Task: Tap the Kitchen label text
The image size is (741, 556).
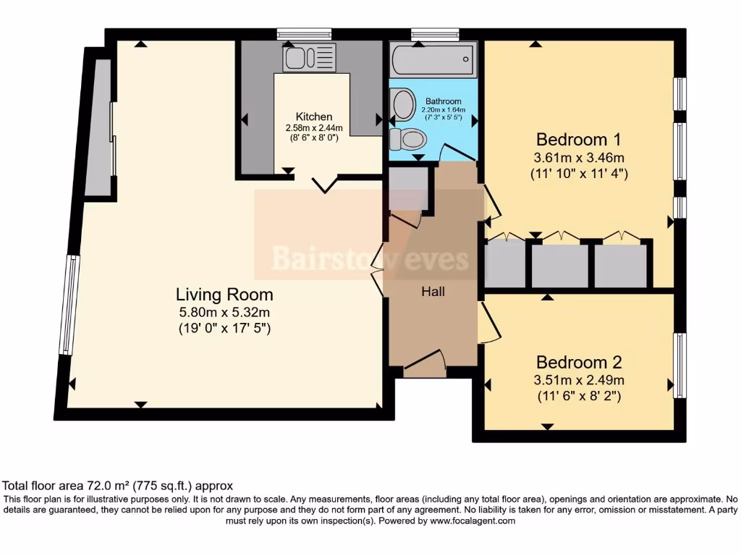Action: point(314,117)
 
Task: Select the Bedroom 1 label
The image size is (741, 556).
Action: point(579,139)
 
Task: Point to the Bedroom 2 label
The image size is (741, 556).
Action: point(579,362)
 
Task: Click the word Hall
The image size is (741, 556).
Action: point(433,292)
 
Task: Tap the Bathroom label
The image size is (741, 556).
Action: point(443,101)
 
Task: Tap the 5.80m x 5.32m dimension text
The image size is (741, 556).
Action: point(224,313)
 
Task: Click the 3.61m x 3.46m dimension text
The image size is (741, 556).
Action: point(579,157)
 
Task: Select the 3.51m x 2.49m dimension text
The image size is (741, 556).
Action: point(579,380)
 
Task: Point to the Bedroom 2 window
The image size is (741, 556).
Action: point(679,366)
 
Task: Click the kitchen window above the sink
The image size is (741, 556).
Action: point(304,33)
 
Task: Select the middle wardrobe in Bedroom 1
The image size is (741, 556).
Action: point(559,264)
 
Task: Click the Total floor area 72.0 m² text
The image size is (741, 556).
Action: point(118,486)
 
